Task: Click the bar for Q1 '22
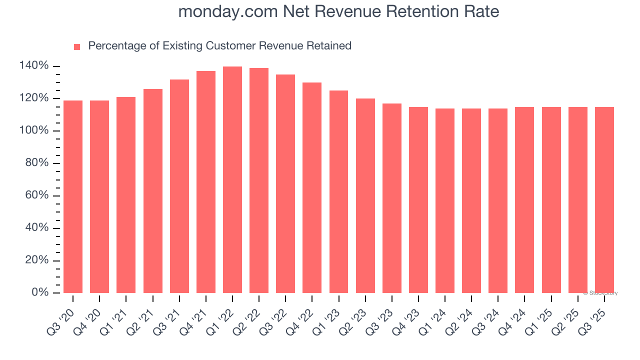[x=232, y=180]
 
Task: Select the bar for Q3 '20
[x=73, y=196]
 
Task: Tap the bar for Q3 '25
[x=604, y=200]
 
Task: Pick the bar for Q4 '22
[x=312, y=187]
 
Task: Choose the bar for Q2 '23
[x=365, y=195]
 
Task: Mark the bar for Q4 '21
[x=206, y=182]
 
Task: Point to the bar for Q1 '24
[x=445, y=200]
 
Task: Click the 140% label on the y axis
[x=34, y=66]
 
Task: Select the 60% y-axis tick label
[x=36, y=195]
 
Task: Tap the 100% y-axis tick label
[x=34, y=131]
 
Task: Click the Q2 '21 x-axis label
[x=140, y=318]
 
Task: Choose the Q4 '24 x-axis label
[x=512, y=318]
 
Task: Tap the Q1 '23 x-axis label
[x=326, y=318]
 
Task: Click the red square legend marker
[x=77, y=47]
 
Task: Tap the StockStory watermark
[x=600, y=293]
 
